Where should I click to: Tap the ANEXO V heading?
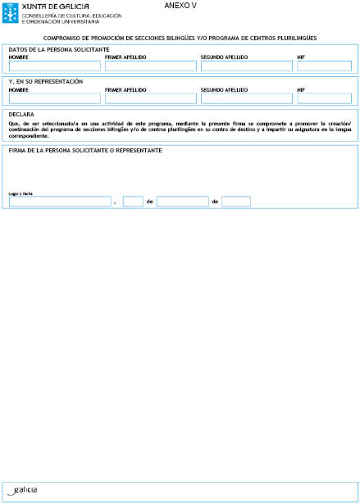177,5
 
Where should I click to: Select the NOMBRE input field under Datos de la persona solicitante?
54,66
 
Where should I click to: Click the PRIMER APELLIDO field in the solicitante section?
151,66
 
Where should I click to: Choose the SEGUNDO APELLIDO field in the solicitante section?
246,66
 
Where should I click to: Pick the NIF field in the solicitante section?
324,66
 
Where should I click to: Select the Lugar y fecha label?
20,193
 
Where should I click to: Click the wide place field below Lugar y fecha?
59,201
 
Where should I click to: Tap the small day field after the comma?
133,201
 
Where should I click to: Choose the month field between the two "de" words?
182,201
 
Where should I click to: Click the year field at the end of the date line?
235,201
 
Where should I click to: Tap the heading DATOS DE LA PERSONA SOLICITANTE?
59,49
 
